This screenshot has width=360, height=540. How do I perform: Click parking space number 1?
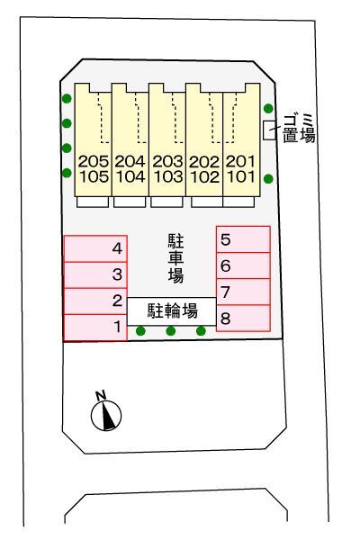pos(95,328)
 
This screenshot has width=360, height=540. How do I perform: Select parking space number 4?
pos(95,248)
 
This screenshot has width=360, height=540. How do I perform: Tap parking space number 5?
pos(243,239)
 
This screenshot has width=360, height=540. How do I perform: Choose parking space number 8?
pos(243,319)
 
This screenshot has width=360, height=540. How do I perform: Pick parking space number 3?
pos(95,274)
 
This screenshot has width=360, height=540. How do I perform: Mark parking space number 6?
pos(243,265)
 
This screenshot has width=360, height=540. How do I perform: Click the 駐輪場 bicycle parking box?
pos(172,311)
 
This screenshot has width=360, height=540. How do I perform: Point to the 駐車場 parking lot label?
pos(175,258)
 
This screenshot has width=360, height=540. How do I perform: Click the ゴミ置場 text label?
pos(299,129)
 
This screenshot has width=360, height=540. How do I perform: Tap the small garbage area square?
pos(269,130)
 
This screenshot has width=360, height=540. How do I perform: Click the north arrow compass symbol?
pos(106,416)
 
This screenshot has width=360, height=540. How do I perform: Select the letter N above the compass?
pos(101,395)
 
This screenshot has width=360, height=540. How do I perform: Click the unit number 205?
pos(94,161)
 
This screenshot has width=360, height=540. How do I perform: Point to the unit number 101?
pos(241,176)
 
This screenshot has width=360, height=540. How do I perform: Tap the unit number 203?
pos(167,161)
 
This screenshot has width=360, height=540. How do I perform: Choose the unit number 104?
pos(130,176)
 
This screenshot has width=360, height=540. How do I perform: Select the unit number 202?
pos(204,162)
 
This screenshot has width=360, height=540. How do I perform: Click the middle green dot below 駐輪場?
pos(171,331)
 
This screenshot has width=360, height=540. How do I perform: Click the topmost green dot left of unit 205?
pos(67,99)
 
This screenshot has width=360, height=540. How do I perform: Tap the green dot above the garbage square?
pos(268,109)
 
